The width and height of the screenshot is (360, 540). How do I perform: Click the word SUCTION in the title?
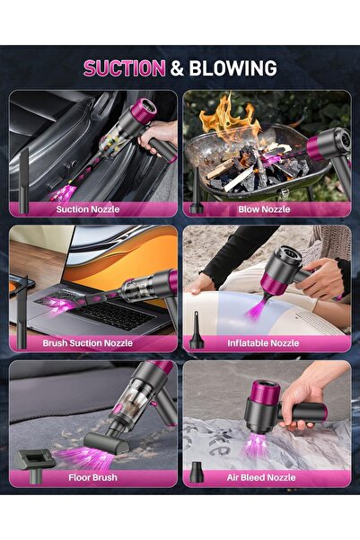[124, 68]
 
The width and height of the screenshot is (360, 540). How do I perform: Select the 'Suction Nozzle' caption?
[88, 209]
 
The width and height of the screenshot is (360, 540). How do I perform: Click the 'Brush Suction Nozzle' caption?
[88, 343]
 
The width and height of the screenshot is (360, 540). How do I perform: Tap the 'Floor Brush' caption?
[92, 478]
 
